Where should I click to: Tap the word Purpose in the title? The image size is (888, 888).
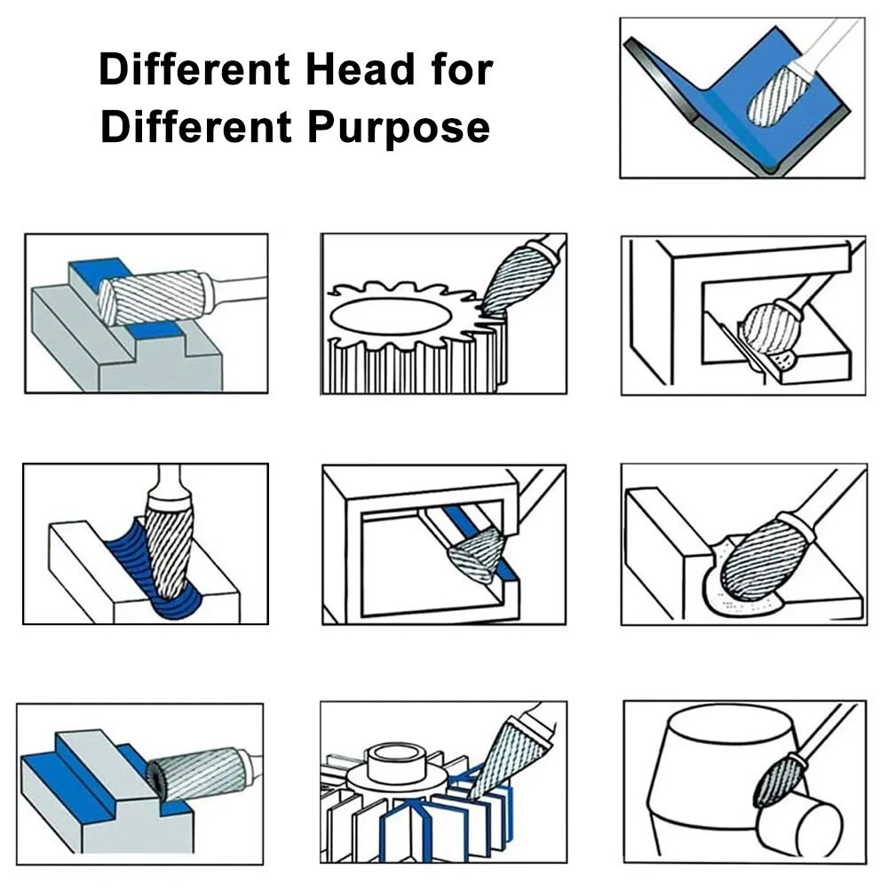[399, 127]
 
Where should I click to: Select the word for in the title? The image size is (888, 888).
[462, 69]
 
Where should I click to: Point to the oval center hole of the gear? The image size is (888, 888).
[391, 316]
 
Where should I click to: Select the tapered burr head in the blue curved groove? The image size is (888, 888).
[168, 548]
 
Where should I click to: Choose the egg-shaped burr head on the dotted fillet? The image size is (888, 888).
[757, 560]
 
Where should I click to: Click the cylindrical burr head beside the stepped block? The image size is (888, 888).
[195, 773]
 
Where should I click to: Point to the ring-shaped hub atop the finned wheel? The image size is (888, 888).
[395, 762]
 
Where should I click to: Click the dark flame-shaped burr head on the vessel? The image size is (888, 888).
[774, 782]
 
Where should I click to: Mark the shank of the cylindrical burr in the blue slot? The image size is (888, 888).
[237, 288]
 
